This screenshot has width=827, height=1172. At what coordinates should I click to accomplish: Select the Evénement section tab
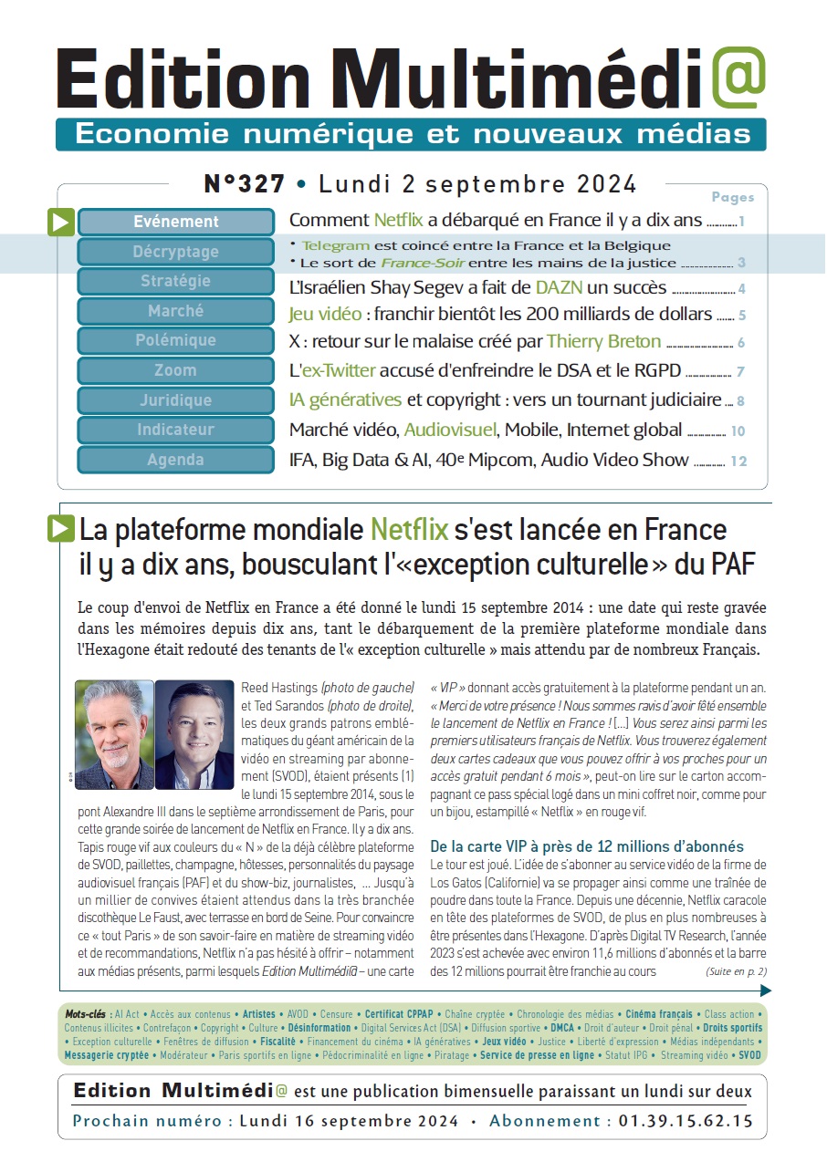[x=176, y=222]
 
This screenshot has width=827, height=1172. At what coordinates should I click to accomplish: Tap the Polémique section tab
[x=176, y=340]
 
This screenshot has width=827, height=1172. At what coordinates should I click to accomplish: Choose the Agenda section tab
[x=176, y=460]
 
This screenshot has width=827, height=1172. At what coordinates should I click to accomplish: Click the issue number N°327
[x=244, y=183]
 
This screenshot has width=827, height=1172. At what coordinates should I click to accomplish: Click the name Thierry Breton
[x=603, y=341]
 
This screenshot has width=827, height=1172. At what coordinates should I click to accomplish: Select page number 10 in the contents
[x=738, y=431]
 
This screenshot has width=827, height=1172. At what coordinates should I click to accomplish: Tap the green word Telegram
[x=335, y=245]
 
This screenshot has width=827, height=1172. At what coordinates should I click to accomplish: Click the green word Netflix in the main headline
[x=409, y=530]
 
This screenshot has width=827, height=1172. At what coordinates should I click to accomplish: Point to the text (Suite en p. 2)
[x=736, y=971]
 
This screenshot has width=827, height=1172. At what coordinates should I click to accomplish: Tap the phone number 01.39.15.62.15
[x=686, y=1121]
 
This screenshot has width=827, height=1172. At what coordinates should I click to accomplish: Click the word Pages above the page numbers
[x=733, y=197]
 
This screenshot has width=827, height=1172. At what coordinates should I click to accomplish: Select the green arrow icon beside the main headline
[x=60, y=529]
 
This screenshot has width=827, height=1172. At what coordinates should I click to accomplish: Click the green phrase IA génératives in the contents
[x=345, y=400]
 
